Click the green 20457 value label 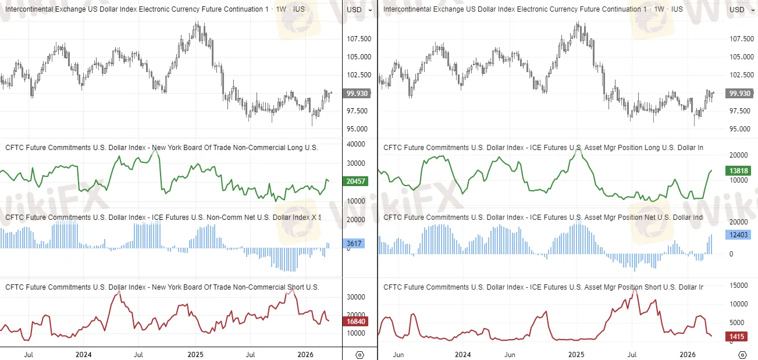coord(356,181)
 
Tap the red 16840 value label coord(356,320)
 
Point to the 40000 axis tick coord(355,144)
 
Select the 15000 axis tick coord(739,285)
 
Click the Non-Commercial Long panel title coord(162,148)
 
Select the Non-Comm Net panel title coord(163,218)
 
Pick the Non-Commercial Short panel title coord(162,287)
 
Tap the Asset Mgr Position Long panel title coord(543,148)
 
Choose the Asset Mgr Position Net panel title coord(543,218)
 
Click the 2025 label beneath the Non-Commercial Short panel coord(195,354)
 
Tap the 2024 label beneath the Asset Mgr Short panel coord(462,354)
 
